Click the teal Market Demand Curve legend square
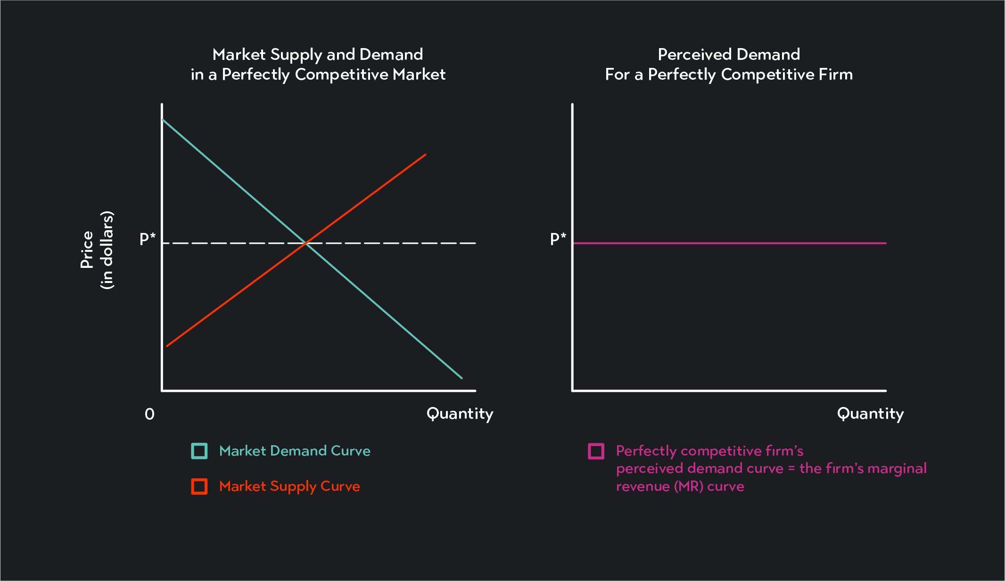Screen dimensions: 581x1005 tap(199, 451)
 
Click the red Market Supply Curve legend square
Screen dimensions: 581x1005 tap(199, 486)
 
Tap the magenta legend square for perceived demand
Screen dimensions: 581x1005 tap(596, 451)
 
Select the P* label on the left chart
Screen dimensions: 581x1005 tap(148, 239)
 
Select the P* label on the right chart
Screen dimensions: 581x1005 tap(558, 239)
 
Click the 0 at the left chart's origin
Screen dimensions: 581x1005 tap(149, 414)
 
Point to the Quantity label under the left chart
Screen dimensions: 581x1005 tap(460, 414)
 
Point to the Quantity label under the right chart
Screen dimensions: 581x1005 tap(870, 414)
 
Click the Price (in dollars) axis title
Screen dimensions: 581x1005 tap(97, 250)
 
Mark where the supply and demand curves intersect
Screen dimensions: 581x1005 tap(306, 243)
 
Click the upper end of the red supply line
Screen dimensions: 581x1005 tap(425, 155)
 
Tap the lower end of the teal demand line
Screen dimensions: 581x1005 tap(461, 377)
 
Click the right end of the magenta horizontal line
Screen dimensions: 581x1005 tap(885, 243)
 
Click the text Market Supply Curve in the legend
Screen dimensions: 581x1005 tap(289, 486)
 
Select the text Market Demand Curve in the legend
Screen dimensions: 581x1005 tap(295, 451)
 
